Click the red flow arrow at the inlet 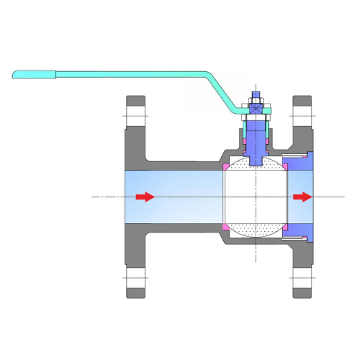[145, 197]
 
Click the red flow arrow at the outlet [302, 197]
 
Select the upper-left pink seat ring [227, 167]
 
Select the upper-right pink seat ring [285, 167]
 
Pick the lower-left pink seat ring [227, 228]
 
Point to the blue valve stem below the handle [256, 140]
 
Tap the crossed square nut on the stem [256, 107]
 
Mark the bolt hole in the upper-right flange [302, 115]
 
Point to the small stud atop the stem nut [256, 94]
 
